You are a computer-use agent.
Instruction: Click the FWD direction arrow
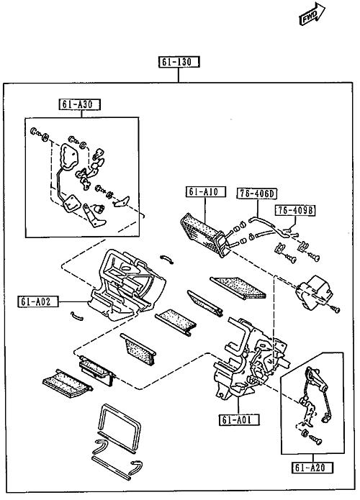point(312,14)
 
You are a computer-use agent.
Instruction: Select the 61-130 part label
point(179,62)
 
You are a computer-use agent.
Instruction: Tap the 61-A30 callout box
point(80,104)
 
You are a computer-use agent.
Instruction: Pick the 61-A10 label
point(206,192)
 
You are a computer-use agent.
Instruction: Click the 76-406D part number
point(257,194)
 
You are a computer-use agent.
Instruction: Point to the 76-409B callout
point(295,211)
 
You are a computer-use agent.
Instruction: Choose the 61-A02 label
point(38,301)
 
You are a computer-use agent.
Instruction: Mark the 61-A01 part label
point(239,419)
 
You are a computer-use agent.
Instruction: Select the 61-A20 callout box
point(312,468)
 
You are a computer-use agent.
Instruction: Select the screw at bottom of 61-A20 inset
point(316,441)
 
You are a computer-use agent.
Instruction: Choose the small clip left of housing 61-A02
point(76,315)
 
